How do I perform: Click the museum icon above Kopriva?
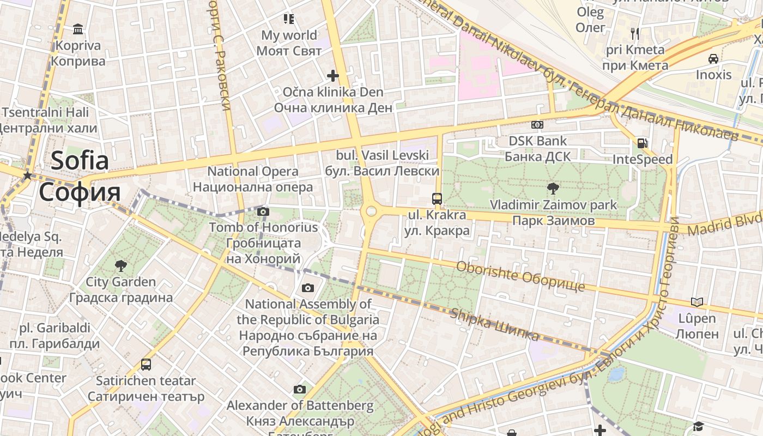click(x=78, y=29)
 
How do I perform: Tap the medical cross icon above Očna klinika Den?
click(x=332, y=75)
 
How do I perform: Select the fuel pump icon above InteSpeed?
click(x=643, y=143)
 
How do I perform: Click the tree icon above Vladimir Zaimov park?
click(x=553, y=189)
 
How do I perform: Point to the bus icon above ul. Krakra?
click(x=437, y=199)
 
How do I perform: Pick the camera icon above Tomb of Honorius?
click(x=263, y=211)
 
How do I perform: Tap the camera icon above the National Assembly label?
click(x=308, y=288)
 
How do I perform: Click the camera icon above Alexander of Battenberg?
click(x=300, y=389)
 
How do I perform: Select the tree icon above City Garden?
click(x=120, y=266)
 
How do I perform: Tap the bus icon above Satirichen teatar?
click(x=146, y=364)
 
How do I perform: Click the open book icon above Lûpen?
click(x=697, y=302)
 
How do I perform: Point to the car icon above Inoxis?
click(x=713, y=58)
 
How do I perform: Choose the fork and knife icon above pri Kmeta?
click(x=635, y=34)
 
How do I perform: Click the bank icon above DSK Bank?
click(x=537, y=125)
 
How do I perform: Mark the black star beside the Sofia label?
click(x=27, y=175)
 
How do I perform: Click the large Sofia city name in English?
click(x=80, y=161)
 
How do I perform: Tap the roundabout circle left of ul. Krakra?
click(x=371, y=211)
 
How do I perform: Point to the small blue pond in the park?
click(x=616, y=374)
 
